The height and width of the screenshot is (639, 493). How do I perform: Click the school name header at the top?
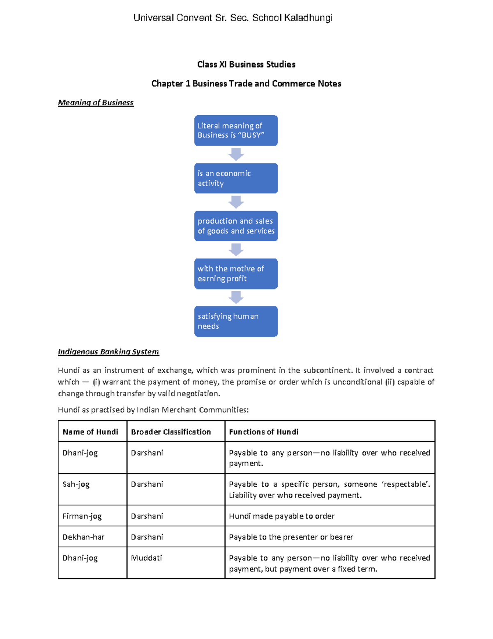pyautogui.click(x=233, y=18)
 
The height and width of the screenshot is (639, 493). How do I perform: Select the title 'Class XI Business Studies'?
pyautogui.click(x=246, y=64)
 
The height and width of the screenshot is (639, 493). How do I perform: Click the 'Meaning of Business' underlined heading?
pyautogui.click(x=96, y=102)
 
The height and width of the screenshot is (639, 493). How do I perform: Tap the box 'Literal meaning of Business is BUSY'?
pyautogui.click(x=236, y=130)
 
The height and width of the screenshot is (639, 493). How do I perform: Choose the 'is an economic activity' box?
pyautogui.click(x=236, y=178)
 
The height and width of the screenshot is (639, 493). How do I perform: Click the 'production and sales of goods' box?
pyautogui.click(x=236, y=226)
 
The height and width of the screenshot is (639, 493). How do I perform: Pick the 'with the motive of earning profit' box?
pyautogui.click(x=236, y=274)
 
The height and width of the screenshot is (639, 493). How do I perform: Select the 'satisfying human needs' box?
pyautogui.click(x=236, y=321)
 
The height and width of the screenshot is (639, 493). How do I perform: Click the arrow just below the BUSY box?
pyautogui.click(x=236, y=155)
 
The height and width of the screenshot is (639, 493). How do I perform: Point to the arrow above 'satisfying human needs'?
pyautogui.click(x=236, y=297)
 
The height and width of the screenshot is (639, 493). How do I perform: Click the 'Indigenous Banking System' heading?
pyautogui.click(x=108, y=352)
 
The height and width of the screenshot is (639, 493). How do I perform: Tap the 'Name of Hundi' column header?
pyautogui.click(x=90, y=432)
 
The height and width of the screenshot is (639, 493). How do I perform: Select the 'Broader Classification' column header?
pyautogui.click(x=171, y=432)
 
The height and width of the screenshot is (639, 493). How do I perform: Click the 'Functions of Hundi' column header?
pyautogui.click(x=264, y=432)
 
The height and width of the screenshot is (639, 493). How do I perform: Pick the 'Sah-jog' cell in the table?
pyautogui.click(x=76, y=484)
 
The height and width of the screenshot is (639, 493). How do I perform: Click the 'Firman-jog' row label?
pyautogui.click(x=82, y=516)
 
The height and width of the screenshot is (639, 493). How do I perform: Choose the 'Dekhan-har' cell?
pyautogui.click(x=83, y=537)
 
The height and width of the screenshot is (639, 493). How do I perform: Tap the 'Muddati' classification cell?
pyautogui.click(x=147, y=558)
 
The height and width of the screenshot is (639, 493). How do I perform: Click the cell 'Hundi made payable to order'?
pyautogui.click(x=282, y=516)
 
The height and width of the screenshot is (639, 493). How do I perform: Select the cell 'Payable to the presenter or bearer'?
pyautogui.click(x=291, y=537)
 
